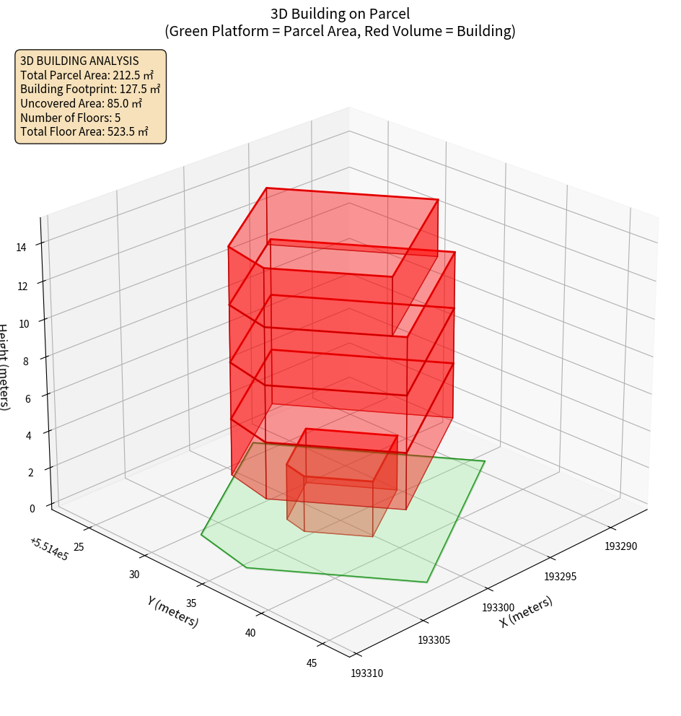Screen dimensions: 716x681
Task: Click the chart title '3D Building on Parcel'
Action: [x=340, y=13]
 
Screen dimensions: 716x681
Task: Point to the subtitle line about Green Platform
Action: [x=340, y=31]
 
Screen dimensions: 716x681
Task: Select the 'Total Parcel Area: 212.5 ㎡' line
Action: [x=87, y=74]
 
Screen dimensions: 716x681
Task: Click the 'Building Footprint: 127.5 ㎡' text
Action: [x=90, y=89]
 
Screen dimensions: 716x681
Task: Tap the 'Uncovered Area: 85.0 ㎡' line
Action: [x=84, y=103]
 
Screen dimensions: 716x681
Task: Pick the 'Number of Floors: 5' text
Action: [x=71, y=118]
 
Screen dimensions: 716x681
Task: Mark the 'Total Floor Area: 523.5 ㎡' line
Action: [x=84, y=132]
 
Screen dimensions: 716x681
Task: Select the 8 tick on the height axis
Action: [x=26, y=361]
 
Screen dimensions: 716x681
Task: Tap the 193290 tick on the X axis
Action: [x=621, y=546]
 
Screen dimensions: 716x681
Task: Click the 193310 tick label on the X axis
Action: [x=367, y=673]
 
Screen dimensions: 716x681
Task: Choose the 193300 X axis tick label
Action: [x=498, y=608]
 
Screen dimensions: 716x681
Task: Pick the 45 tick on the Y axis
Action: [x=312, y=663]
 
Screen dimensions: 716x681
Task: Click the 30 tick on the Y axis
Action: [x=134, y=575]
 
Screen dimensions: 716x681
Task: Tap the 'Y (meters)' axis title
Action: [x=172, y=611]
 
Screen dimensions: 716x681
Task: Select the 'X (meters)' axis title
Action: [x=527, y=611]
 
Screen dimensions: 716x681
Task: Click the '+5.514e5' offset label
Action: [x=49, y=549]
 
